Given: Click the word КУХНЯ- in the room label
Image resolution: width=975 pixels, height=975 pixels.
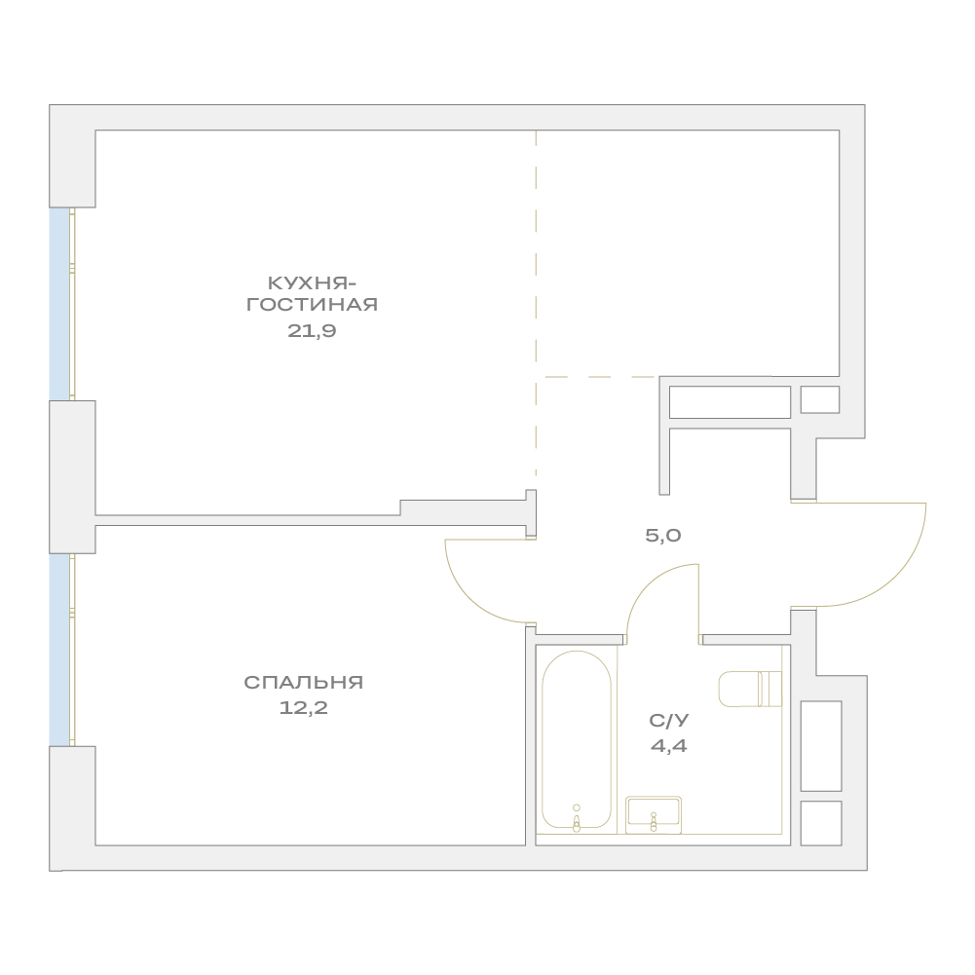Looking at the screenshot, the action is pyautogui.click(x=312, y=283).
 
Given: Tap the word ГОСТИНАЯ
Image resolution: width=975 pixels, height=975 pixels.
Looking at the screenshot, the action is pyautogui.click(x=312, y=305).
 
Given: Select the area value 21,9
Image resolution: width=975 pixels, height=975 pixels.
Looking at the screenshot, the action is pyautogui.click(x=312, y=331).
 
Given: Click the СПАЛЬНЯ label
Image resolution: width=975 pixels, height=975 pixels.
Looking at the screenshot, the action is pyautogui.click(x=304, y=682).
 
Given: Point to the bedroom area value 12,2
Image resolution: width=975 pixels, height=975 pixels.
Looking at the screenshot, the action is pyautogui.click(x=304, y=707).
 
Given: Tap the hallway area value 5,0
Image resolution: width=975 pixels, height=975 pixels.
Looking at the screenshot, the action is pyautogui.click(x=663, y=536).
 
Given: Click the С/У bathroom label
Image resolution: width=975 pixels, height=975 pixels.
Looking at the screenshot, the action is pyautogui.click(x=669, y=720).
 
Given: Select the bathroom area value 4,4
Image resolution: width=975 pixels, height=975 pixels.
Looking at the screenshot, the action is pyautogui.click(x=669, y=745).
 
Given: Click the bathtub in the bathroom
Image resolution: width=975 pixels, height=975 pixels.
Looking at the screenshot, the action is pyautogui.click(x=577, y=740).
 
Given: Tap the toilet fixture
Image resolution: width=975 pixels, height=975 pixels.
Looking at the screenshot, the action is pyautogui.click(x=750, y=689).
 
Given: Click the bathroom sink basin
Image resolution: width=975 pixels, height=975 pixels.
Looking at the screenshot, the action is pyautogui.click(x=654, y=814).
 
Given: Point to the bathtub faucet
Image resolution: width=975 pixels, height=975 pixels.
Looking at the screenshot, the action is pyautogui.click(x=577, y=817).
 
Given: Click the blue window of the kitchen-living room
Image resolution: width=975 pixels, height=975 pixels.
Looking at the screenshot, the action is pyautogui.click(x=59, y=304).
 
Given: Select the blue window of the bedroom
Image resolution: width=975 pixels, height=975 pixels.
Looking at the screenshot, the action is pyautogui.click(x=59, y=650).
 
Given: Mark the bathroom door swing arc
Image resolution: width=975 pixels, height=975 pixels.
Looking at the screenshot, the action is pyautogui.click(x=647, y=582).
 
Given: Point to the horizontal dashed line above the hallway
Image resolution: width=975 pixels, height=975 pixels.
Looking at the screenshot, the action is pyautogui.click(x=599, y=377).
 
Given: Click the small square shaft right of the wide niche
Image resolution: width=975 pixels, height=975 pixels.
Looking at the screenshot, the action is pyautogui.click(x=820, y=399).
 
